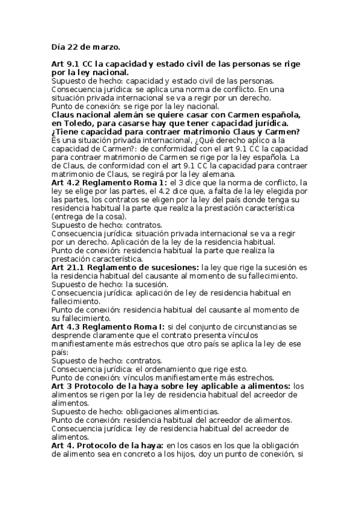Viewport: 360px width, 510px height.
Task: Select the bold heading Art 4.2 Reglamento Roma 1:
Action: tap(108, 182)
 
